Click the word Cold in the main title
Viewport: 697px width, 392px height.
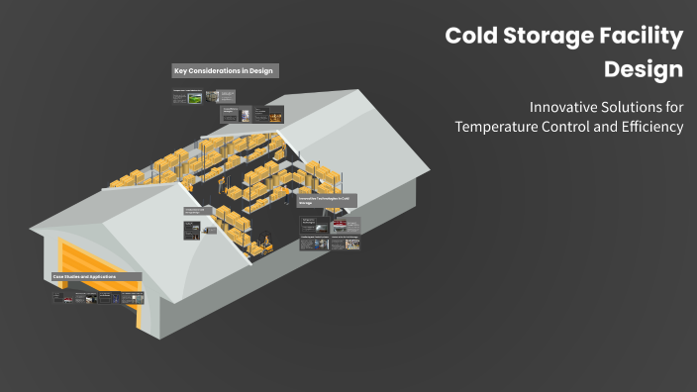point(470,37)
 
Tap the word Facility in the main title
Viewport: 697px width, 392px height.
point(643,37)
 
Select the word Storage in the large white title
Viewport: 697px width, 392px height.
point(548,37)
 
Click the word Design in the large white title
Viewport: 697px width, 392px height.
point(644,70)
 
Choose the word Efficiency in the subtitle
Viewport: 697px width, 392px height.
point(648,127)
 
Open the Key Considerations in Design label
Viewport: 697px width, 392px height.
point(224,71)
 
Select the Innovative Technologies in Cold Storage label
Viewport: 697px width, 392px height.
point(328,200)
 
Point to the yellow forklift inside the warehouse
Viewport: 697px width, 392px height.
point(264,243)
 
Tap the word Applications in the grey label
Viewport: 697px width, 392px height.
point(103,277)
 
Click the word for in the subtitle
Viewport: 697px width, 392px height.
point(674,107)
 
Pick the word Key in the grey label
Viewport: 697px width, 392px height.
point(180,71)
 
